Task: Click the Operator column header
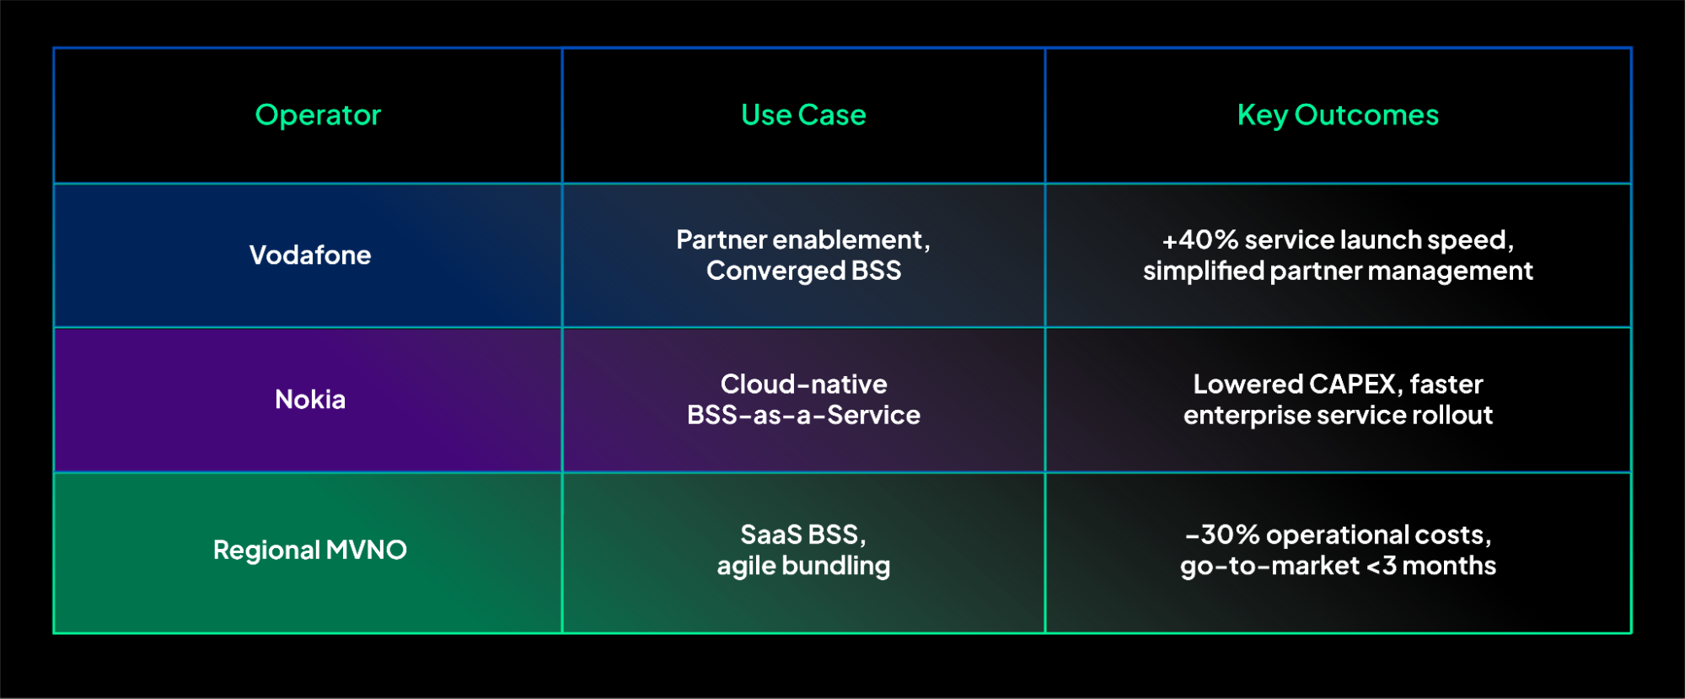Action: (318, 115)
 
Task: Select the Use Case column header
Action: (803, 115)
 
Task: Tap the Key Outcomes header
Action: (1338, 115)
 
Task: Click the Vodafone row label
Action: (310, 255)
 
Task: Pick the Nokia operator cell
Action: (310, 399)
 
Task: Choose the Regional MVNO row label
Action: (309, 550)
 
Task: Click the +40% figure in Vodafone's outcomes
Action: (1199, 240)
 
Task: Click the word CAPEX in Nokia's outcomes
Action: (1353, 384)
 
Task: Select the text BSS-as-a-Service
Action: (803, 415)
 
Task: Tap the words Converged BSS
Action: (803, 271)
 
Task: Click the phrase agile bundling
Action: (803, 566)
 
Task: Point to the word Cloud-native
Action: (803, 384)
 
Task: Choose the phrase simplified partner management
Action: (1338, 271)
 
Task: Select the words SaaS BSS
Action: (800, 535)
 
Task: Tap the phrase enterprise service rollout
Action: (1338, 415)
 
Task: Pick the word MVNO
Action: (366, 550)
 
